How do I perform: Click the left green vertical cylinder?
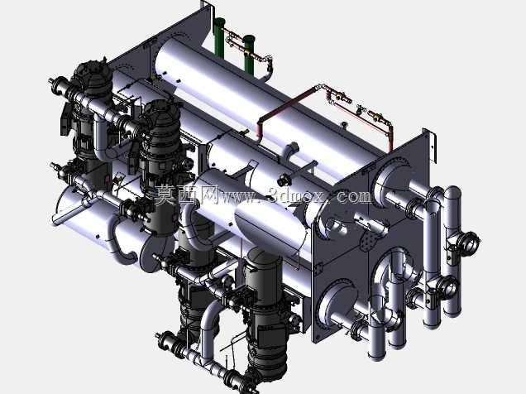(219, 36)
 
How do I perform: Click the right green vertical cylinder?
(249, 54)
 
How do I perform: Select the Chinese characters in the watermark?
(186, 195)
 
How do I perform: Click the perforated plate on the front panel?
(370, 241)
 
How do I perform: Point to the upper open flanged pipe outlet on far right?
(469, 242)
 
